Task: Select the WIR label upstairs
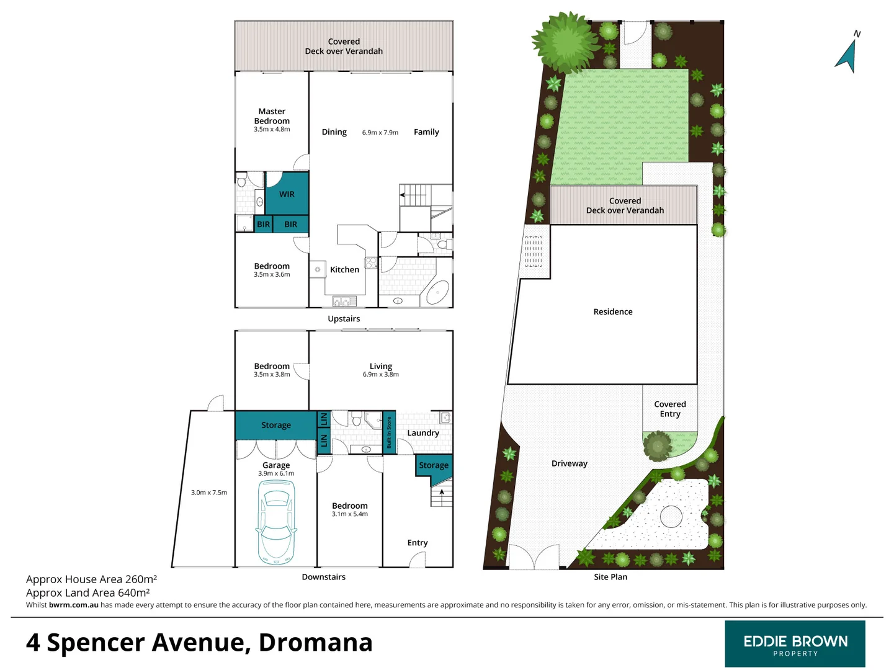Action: point(287,194)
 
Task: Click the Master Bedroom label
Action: point(272,117)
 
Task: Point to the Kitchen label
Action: point(344,270)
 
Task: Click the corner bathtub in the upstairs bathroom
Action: point(439,291)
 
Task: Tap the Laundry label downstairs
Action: point(423,433)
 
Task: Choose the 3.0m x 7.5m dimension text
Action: point(209,493)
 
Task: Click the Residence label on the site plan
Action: point(613,312)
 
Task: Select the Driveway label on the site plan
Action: point(569,463)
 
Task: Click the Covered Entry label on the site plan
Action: point(670,409)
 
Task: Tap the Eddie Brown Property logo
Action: point(795,644)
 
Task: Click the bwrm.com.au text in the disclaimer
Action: point(74,605)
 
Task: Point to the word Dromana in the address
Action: point(315,643)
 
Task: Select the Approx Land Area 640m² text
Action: point(87,592)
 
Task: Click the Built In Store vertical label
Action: point(389,432)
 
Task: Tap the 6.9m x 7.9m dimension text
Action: point(380,133)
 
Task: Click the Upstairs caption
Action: point(344,319)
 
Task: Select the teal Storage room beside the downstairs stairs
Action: point(433,465)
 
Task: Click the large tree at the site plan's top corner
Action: point(565,41)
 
